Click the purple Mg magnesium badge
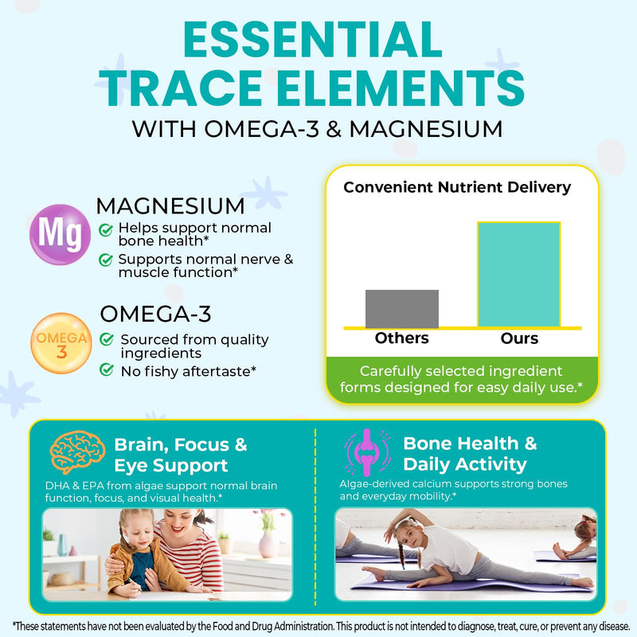pyautogui.click(x=61, y=234)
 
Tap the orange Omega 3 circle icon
pyautogui.click(x=61, y=343)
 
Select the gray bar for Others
pyautogui.click(x=402, y=309)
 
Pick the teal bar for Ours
pyautogui.click(x=519, y=274)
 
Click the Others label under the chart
pyautogui.click(x=402, y=338)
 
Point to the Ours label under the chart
pyautogui.click(x=519, y=338)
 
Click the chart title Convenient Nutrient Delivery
pyautogui.click(x=457, y=187)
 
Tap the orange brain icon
pyautogui.click(x=77, y=452)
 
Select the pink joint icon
pyautogui.click(x=367, y=452)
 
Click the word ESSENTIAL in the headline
pyautogui.click(x=312, y=40)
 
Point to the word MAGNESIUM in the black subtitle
pyautogui.click(x=426, y=129)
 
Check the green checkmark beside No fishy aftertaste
pyautogui.click(x=107, y=369)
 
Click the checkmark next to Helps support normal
pyautogui.click(x=106, y=230)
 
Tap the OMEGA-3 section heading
pyautogui.click(x=155, y=314)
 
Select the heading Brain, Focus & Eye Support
pyautogui.click(x=181, y=455)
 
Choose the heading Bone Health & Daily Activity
pyautogui.click(x=470, y=454)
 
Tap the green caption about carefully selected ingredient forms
pyautogui.click(x=462, y=379)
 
